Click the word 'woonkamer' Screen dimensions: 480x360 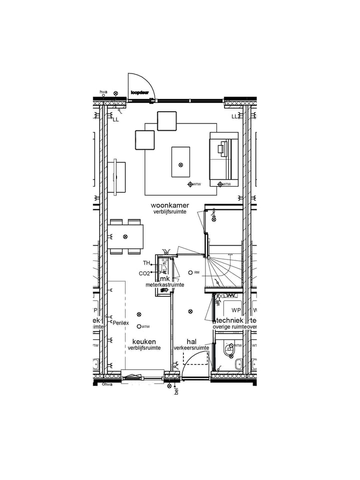(170, 205)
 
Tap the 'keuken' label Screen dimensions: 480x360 (144, 341)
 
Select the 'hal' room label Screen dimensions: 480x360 (191, 341)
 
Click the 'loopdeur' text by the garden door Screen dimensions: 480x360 (140, 92)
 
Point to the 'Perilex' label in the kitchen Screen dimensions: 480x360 (121, 323)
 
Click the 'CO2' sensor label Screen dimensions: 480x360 (144, 273)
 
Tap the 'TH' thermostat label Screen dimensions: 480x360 (146, 263)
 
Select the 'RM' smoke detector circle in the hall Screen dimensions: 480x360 (190, 272)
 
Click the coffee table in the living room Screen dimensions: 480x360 (180, 161)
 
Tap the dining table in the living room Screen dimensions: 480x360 (125, 236)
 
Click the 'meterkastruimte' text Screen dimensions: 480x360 (165, 285)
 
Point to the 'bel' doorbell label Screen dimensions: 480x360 (176, 391)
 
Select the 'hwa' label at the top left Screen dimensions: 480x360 (103, 92)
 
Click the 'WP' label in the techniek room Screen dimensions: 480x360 (236, 310)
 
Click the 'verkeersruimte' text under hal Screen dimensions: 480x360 (191, 348)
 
